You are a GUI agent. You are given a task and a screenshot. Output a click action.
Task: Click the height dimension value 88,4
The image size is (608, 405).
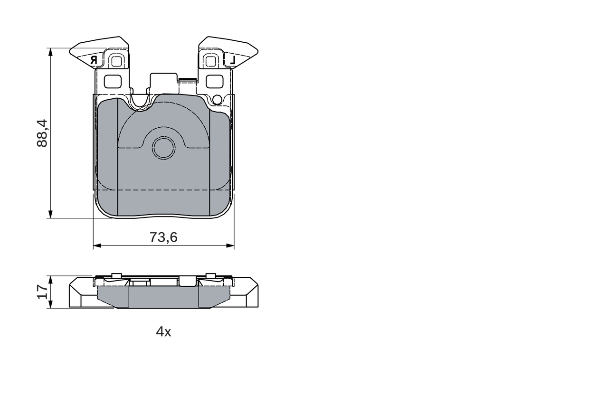[42, 133]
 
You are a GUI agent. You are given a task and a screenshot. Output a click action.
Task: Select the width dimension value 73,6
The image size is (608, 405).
[163, 237]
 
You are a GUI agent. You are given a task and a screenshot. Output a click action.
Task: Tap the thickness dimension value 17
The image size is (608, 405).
[43, 292]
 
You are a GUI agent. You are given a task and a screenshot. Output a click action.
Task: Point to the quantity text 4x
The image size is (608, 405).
[163, 332]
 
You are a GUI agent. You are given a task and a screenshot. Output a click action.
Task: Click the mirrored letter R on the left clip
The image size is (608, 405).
[94, 60]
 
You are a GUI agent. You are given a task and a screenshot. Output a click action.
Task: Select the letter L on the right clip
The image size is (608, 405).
[232, 60]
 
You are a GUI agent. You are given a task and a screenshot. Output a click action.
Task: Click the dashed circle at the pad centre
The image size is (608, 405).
[163, 148]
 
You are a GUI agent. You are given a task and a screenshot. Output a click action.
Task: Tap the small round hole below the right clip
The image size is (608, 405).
[217, 99]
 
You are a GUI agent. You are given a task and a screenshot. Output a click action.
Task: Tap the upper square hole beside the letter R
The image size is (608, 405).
[116, 61]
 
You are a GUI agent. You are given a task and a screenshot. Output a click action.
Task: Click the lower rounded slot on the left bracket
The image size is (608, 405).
[113, 82]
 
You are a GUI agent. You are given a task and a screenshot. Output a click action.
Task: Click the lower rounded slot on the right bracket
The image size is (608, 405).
[215, 82]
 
